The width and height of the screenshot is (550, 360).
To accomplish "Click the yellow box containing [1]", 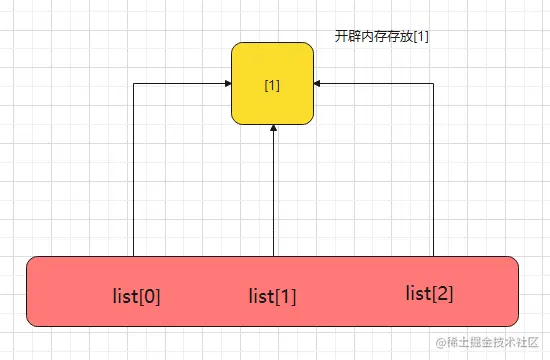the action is pos(273,84).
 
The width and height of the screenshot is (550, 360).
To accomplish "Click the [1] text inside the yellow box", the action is pos(272,85).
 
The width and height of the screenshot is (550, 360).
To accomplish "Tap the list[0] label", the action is pos(136,296).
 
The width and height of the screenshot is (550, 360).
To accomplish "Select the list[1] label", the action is pos(273,296).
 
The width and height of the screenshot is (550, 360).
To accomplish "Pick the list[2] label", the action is pos(429,293).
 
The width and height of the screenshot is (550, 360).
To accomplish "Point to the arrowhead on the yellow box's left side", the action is pos(228,84).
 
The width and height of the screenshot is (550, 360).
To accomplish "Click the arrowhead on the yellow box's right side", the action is pos(317,84).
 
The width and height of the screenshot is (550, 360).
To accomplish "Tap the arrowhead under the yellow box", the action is pos(274,128).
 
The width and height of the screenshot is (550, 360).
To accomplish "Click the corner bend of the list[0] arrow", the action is pos(134,84).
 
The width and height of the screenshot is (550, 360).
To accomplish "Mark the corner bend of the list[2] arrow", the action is pos(433,84).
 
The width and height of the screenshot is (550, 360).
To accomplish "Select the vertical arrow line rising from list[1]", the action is pos(274,191).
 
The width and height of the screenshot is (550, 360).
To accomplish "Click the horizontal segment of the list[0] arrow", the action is pos(182,84).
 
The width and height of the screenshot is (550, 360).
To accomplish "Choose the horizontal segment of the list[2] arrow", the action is pos(374,84).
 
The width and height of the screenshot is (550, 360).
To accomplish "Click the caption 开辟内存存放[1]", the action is pos(382,36).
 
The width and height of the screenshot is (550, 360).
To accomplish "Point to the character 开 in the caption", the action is pos(341,36).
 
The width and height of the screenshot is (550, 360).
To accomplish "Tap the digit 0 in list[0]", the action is pos(150,297).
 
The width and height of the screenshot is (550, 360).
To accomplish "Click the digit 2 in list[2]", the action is pos(443,293).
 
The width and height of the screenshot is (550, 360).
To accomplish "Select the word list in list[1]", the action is pos(261,296).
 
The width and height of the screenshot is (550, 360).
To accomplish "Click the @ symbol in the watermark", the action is pos(441,342).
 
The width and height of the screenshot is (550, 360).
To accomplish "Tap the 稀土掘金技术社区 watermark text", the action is pos(492,342).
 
